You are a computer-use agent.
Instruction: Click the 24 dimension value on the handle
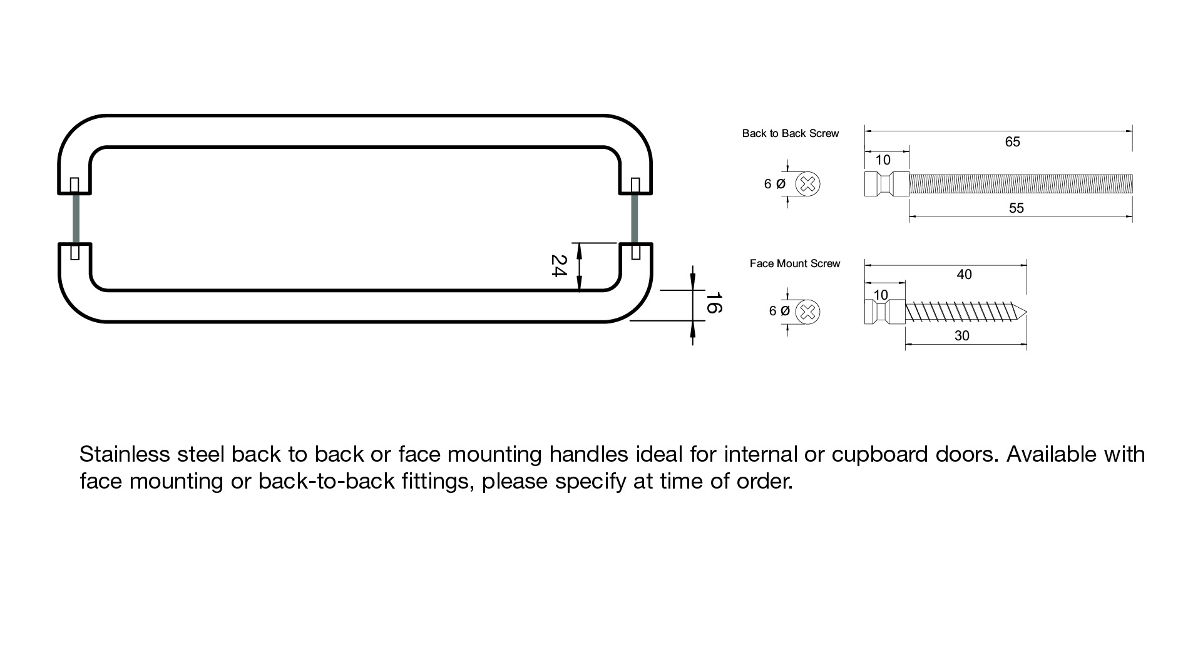point(558,266)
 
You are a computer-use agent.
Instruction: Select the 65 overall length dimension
point(1012,142)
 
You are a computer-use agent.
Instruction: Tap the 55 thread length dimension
point(1016,208)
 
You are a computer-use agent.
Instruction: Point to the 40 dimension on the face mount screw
point(964,274)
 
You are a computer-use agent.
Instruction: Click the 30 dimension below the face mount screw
point(961,336)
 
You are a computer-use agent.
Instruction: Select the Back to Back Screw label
point(790,133)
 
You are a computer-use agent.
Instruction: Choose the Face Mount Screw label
point(794,263)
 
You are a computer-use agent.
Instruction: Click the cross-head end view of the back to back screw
point(807,184)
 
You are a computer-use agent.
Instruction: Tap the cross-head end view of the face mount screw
point(809,312)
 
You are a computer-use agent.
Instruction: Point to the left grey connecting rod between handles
point(75,218)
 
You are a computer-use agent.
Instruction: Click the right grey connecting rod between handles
point(635,218)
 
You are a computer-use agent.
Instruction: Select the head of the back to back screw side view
point(886,184)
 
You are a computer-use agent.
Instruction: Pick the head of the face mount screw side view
point(884,312)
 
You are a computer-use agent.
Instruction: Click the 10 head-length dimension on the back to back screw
point(883,160)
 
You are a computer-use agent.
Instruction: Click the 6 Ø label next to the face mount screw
point(779,311)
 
